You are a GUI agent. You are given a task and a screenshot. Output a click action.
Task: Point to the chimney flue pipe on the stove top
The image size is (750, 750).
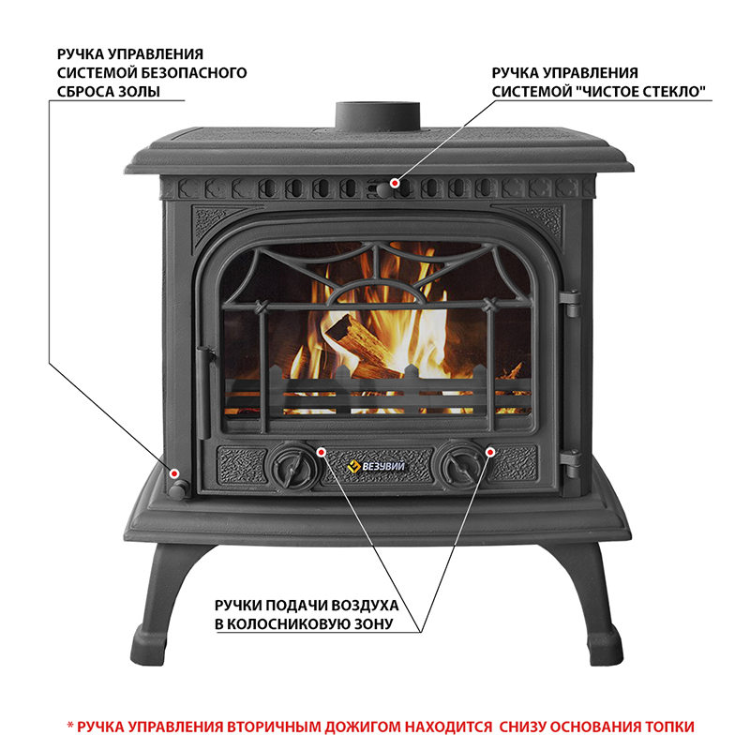pos(377,116)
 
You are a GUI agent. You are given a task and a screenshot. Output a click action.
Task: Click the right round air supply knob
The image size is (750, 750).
pos(458,462)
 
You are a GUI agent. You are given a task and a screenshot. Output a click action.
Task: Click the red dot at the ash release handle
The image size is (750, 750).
pos(173,472)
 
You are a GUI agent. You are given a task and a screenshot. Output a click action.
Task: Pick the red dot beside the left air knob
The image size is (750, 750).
pos(322,451)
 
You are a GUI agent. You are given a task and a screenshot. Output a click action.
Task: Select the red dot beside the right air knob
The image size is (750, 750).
pos(489,451)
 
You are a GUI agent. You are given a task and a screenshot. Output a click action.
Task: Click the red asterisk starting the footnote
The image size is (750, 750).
pos(68,727)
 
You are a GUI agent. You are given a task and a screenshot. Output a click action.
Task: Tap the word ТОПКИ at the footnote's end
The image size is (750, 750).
pos(669,727)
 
